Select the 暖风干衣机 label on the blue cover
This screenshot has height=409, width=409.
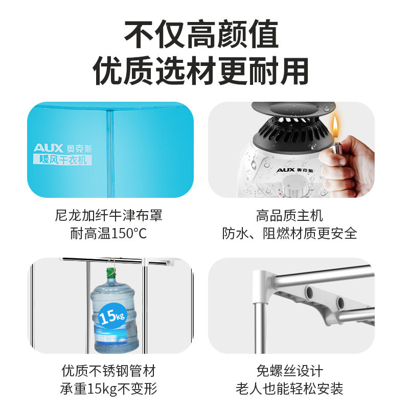(x=63, y=160)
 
